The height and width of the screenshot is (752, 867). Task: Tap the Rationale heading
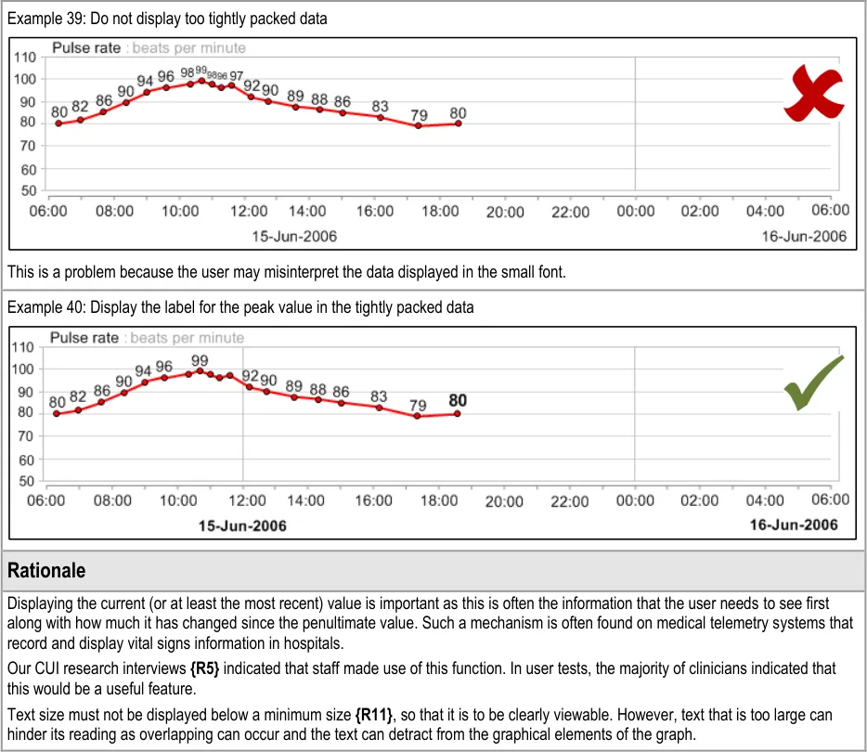[45, 570]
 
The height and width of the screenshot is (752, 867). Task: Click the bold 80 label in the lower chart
[458, 401]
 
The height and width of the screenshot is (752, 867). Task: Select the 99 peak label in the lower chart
[200, 360]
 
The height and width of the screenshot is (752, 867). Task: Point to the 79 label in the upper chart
[420, 116]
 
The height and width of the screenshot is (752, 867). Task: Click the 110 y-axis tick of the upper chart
[25, 58]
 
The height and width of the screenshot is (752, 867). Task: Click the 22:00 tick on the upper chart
[570, 212]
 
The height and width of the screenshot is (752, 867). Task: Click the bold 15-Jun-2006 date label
[243, 525]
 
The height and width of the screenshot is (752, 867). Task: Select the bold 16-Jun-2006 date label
[794, 525]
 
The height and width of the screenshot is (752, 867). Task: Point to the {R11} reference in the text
[373, 716]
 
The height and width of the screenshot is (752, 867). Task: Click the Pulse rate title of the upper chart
[86, 47]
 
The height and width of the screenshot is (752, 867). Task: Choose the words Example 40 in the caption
[43, 307]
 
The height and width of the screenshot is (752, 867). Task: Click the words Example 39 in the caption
[43, 18]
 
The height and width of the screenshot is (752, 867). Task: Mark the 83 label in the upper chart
[381, 107]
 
